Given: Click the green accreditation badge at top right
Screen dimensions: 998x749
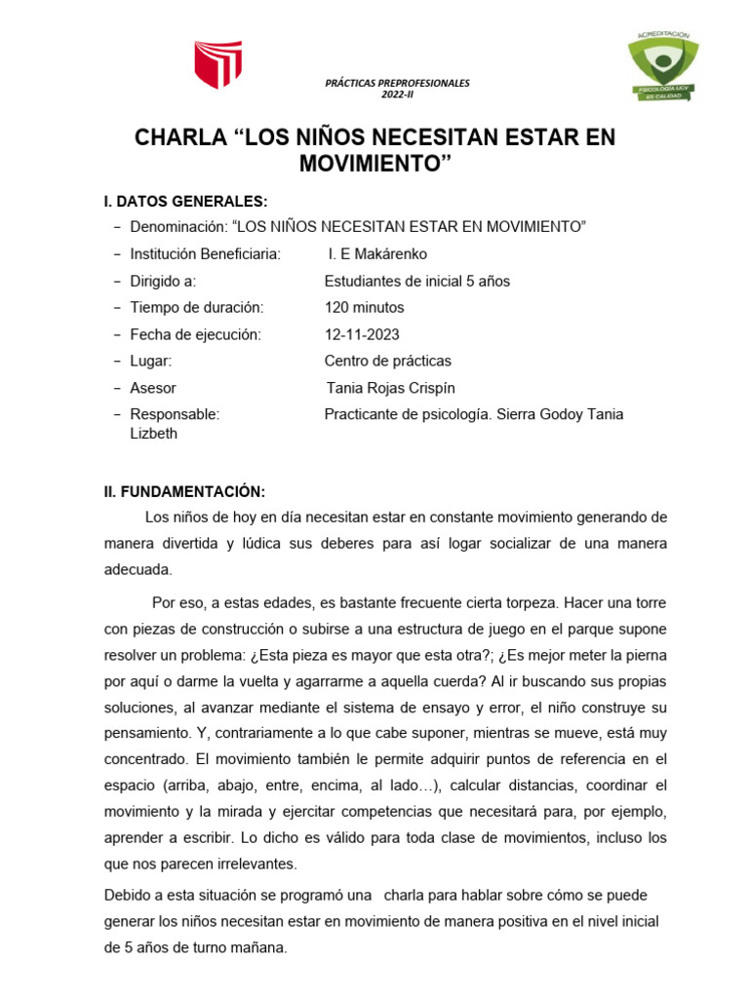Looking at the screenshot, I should point(662,66).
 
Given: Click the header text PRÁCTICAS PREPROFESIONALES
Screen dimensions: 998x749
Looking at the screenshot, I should point(397,84).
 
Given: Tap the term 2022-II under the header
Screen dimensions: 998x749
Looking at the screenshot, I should point(397,96).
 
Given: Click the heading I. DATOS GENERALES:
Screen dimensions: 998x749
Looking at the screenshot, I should point(185,202).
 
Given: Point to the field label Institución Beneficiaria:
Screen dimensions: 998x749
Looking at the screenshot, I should point(205,254).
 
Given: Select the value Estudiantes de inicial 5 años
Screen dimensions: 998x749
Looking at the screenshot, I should point(416,282).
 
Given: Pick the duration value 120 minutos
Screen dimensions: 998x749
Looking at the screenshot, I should point(364,308).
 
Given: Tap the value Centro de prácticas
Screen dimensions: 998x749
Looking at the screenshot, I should point(387,362).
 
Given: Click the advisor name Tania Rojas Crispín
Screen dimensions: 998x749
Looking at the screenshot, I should point(391,388).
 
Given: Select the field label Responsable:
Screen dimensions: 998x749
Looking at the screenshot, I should point(175,414).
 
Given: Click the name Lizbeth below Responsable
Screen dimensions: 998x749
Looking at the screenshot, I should point(153,434).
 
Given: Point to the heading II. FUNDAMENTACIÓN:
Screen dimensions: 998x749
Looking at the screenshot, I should point(184,491).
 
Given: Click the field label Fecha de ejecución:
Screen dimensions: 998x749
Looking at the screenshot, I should point(196,334).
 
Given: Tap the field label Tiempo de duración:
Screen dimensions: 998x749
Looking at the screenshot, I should point(196,308).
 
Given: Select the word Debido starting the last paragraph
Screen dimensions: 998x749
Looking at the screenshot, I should point(128,895).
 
